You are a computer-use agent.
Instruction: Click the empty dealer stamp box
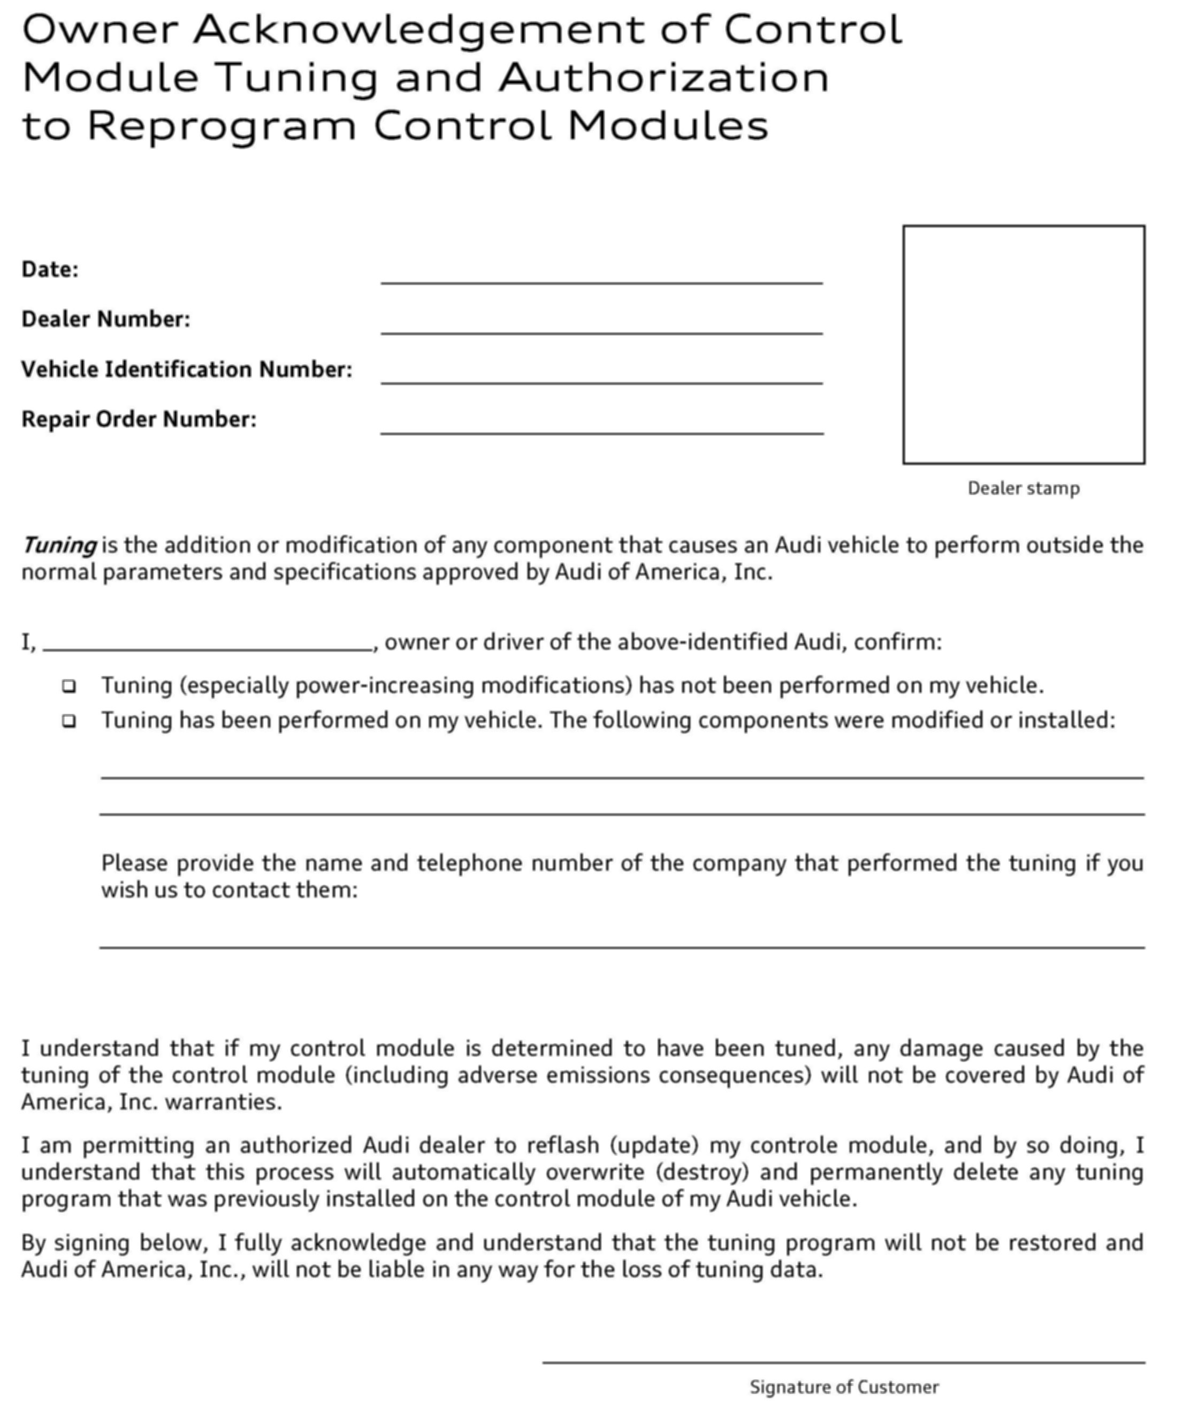(x=1023, y=345)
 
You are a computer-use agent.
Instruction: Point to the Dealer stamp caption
(x=1023, y=488)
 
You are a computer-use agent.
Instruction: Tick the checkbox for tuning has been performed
(x=68, y=721)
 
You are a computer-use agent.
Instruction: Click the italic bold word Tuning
(x=59, y=545)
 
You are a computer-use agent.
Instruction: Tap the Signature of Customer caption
(x=844, y=1387)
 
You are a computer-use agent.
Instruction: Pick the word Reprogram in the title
(x=222, y=126)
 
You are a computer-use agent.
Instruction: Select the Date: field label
(x=50, y=269)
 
